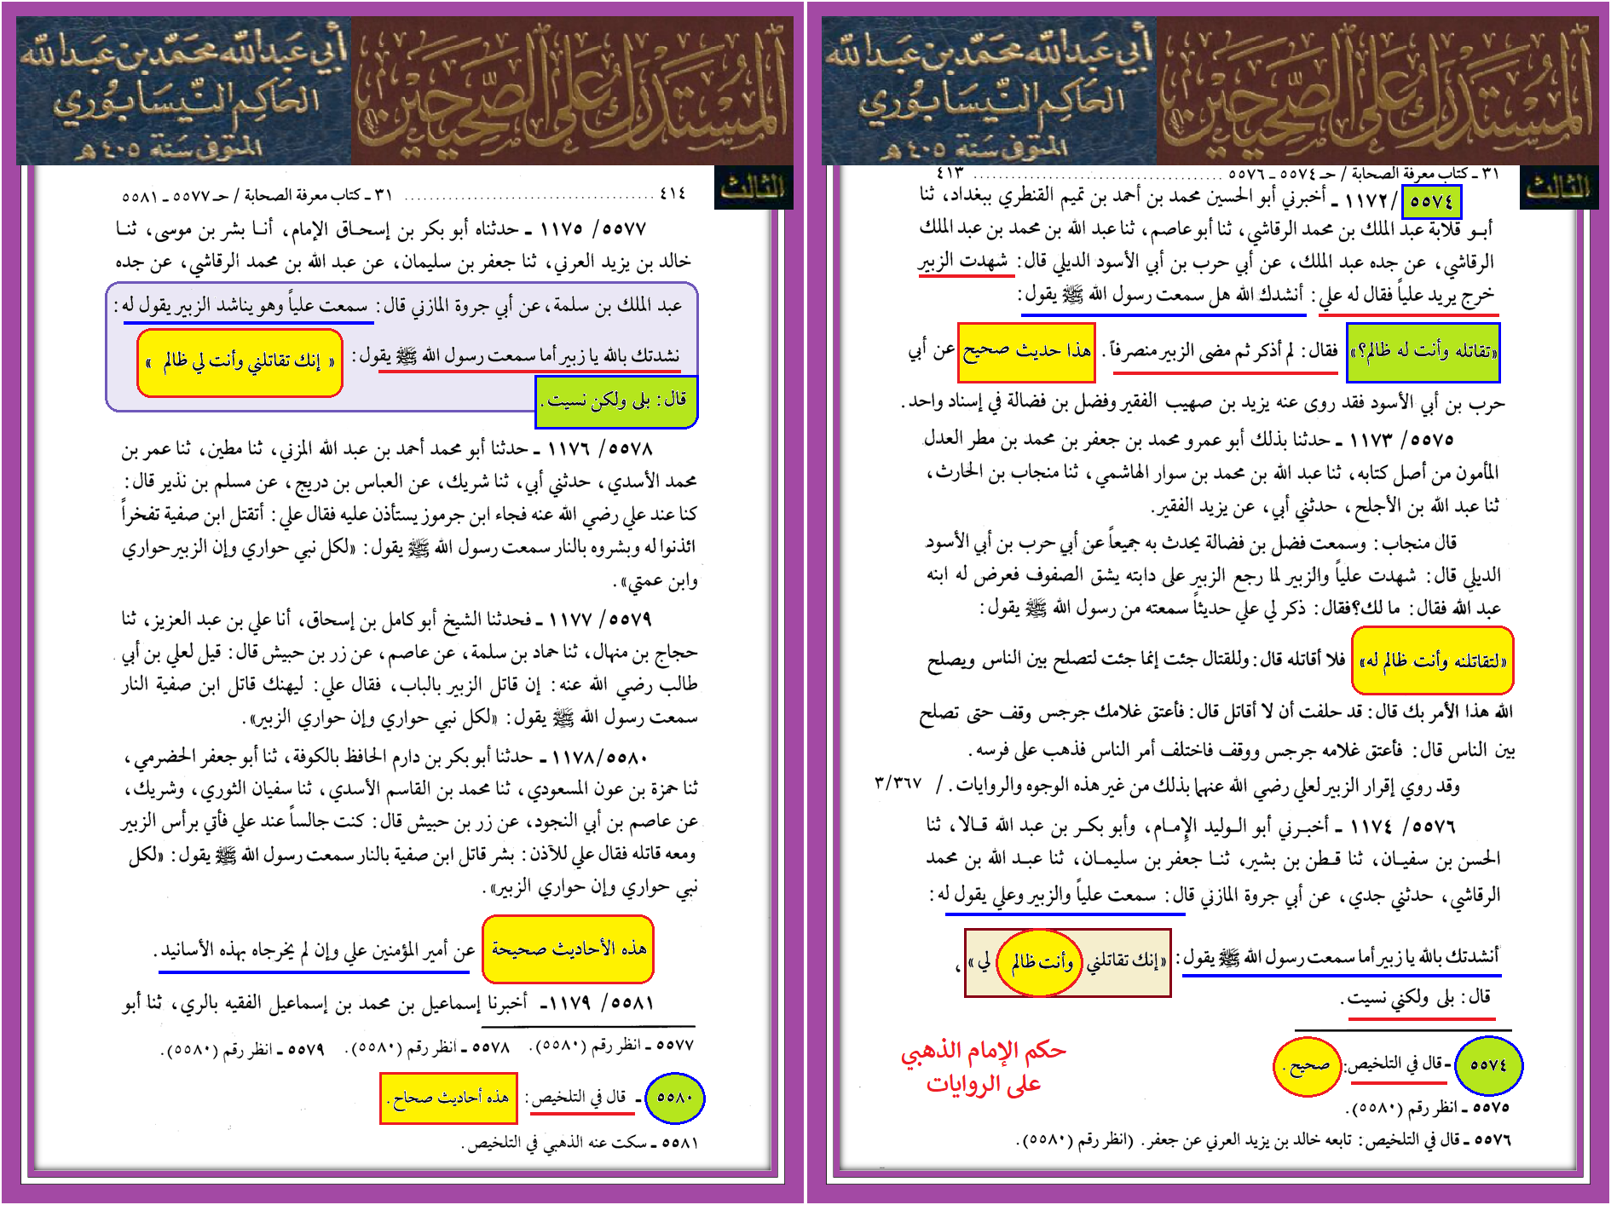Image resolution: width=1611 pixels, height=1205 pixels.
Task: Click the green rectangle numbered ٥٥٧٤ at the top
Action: [1431, 202]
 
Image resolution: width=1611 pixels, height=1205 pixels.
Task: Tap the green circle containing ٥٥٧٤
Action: [1488, 1065]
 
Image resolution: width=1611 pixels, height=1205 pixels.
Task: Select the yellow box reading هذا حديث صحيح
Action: [1026, 351]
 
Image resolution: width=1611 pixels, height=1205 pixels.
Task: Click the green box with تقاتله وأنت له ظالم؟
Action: [1423, 352]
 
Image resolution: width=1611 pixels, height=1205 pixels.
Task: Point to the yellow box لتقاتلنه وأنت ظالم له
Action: [1432, 660]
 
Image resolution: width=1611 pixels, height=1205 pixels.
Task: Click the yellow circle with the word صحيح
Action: [1308, 1066]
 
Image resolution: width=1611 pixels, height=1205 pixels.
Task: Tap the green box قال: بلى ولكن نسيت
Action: [616, 401]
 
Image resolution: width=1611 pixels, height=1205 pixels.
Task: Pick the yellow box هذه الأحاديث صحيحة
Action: [568, 949]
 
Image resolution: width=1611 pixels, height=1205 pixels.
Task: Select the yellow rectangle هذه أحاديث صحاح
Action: [449, 1098]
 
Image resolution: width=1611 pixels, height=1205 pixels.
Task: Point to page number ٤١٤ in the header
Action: [673, 194]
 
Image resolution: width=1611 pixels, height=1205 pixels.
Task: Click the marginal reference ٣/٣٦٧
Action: [898, 782]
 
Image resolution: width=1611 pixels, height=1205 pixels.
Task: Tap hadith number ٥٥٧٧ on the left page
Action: [625, 229]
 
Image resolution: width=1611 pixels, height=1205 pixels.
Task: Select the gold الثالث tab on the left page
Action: [754, 188]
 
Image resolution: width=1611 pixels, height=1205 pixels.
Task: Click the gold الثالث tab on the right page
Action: [1558, 188]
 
